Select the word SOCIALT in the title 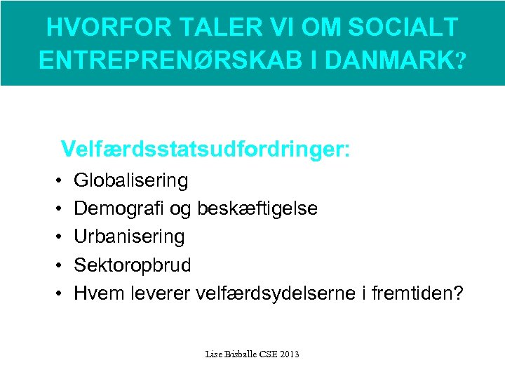[406, 27]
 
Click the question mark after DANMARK [459, 61]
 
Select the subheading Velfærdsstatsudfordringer [206, 149]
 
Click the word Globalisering [131, 181]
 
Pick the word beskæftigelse [258, 208]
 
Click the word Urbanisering [129, 237]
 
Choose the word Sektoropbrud [132, 265]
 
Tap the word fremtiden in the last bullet [419, 293]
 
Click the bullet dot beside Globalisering [56, 182]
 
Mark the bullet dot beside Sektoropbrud [56, 265]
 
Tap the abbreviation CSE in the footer [267, 354]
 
